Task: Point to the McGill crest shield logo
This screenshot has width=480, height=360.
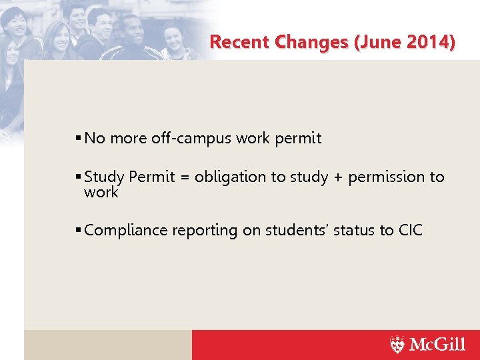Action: (397, 345)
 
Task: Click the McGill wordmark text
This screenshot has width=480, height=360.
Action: (437, 345)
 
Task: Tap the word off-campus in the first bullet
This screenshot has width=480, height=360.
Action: (188, 139)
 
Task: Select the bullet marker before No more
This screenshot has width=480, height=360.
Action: (79, 139)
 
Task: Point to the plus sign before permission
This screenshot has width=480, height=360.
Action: (337, 177)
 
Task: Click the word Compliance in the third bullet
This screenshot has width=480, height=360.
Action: (126, 231)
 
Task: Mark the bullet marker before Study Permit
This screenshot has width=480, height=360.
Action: (79, 177)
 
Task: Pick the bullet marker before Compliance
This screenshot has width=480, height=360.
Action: (79, 231)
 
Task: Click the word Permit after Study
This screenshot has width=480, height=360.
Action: (150, 177)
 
